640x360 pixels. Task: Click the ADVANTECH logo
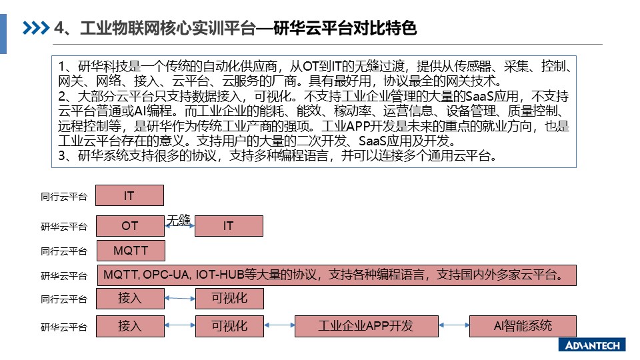[x=592, y=345]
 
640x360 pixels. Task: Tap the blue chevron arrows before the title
[x=36, y=28]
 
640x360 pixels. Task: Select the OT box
[x=130, y=226]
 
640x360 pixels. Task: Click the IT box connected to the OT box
[x=229, y=226]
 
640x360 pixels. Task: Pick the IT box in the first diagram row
[x=130, y=195]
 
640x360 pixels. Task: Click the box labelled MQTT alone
[x=131, y=251]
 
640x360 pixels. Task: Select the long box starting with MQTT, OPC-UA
[x=337, y=275]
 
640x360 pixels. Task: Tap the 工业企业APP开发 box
[x=367, y=326]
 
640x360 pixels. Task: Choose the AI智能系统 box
[x=523, y=326]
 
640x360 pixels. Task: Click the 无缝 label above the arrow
[x=179, y=221]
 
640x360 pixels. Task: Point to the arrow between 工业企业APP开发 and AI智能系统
[x=454, y=325]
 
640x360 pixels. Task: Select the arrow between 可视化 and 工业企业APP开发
[x=279, y=325]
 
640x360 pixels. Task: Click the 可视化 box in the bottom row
[x=229, y=326]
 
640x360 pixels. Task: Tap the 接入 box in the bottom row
[x=130, y=326]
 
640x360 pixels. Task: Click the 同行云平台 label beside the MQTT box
[x=64, y=251]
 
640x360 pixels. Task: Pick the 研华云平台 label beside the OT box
[x=64, y=227]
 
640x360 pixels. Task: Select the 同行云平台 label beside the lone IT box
[x=64, y=197]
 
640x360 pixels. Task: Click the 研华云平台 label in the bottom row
[x=64, y=327]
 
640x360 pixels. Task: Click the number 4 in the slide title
[x=59, y=28]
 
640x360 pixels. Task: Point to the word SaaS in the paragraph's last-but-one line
[x=372, y=141]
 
